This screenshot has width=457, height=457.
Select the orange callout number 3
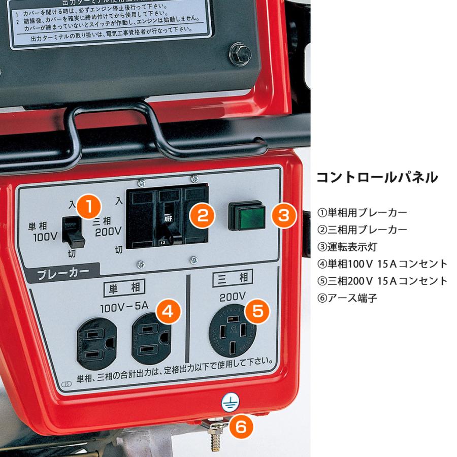[x=283, y=215]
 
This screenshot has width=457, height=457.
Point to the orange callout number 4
[x=168, y=311]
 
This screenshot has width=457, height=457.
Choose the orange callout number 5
[x=257, y=310]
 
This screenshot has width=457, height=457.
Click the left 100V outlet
[x=96, y=343]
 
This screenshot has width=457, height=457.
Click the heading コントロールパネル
[x=376, y=178]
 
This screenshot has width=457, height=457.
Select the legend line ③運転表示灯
[x=347, y=247]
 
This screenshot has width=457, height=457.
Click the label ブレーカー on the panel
[x=63, y=273]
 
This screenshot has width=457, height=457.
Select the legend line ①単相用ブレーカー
[x=362, y=212]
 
